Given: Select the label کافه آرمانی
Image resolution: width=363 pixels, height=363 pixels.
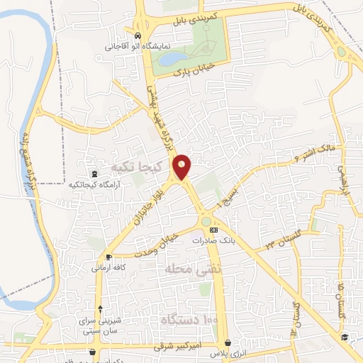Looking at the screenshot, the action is tap(108, 268).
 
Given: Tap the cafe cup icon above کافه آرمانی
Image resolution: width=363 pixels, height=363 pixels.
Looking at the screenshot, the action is tap(108, 257).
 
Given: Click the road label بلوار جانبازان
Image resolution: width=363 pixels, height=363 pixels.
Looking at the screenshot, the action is tap(150, 201).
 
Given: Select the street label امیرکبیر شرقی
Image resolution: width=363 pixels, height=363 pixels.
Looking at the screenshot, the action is tap(178, 345).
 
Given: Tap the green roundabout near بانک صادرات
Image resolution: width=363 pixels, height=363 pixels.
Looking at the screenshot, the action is tap(206, 222).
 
